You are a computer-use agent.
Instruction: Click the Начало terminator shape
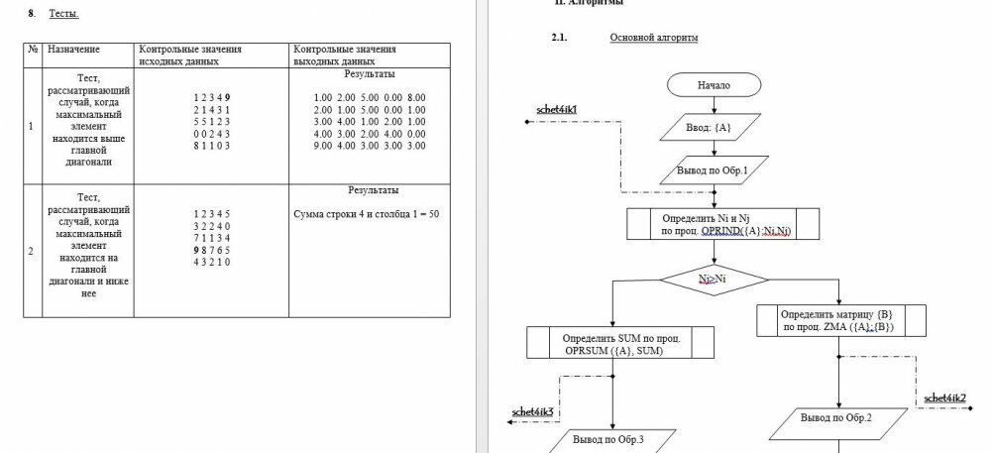coord(714,85)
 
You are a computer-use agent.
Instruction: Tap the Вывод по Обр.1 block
coord(713,170)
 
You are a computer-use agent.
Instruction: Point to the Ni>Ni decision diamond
coord(713,280)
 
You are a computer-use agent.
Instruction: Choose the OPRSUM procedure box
coord(612,343)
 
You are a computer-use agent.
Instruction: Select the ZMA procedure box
coord(840,320)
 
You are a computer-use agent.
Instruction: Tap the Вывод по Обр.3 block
coord(608,439)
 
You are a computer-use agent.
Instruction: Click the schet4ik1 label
coord(557,108)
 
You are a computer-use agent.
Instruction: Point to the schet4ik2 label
coord(944,397)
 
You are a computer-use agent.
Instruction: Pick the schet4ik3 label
coord(532,410)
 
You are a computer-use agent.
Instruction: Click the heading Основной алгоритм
coord(654,38)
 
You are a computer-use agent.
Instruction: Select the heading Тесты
coord(64,14)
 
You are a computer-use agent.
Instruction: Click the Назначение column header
coord(74,49)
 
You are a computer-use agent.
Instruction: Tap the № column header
coord(33,49)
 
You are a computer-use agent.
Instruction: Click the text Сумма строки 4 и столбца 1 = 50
coord(367,214)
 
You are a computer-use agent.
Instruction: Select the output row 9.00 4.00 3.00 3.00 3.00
coord(369,146)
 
